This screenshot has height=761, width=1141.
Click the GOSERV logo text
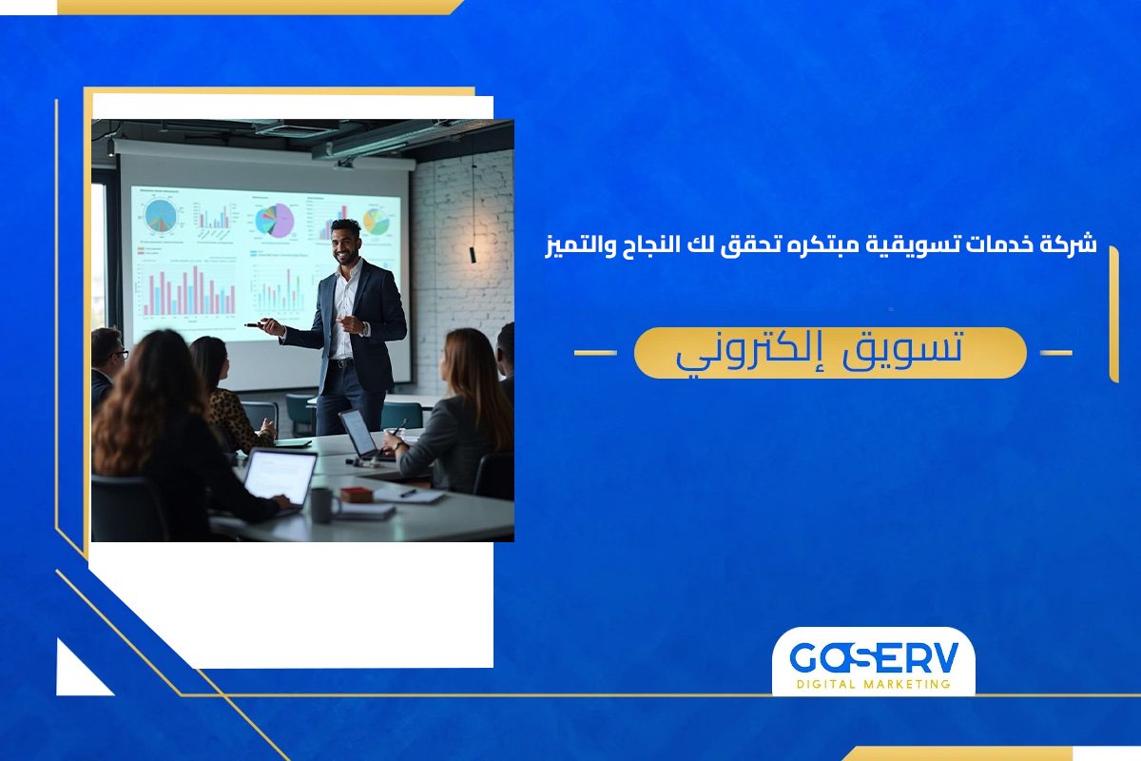[x=872, y=658]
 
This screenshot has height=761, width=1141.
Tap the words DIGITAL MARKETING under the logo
[x=873, y=684]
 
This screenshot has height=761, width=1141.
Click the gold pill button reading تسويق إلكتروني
[x=830, y=353]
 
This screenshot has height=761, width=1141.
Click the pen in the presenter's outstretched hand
[x=255, y=324]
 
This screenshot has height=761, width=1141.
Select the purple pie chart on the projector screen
[x=275, y=222]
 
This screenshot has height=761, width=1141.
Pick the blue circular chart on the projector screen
[x=161, y=215]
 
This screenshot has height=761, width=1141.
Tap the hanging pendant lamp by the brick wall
[x=472, y=254]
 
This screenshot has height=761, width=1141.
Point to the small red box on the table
[x=357, y=495]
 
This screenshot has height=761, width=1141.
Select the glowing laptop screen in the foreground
[x=279, y=477]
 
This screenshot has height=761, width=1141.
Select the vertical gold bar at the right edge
[x=1113, y=314]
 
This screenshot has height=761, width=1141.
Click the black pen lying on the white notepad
[x=408, y=493]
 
